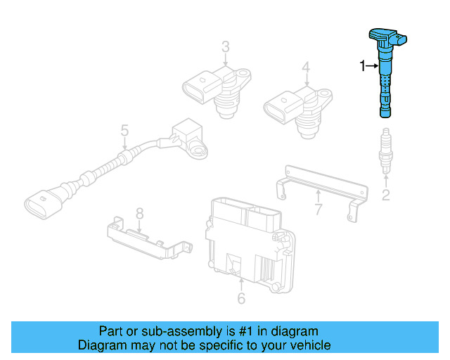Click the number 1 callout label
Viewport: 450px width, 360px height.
click(x=363, y=66)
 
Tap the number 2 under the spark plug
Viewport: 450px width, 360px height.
click(x=385, y=195)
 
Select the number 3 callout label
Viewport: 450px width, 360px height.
click(x=225, y=47)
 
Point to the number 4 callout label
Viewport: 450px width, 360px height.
click(x=306, y=67)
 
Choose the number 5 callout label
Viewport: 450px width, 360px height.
click(x=124, y=130)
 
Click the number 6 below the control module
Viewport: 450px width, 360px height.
click(x=240, y=300)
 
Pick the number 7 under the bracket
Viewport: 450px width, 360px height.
click(x=318, y=210)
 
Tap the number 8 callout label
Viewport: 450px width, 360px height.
click(x=139, y=212)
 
